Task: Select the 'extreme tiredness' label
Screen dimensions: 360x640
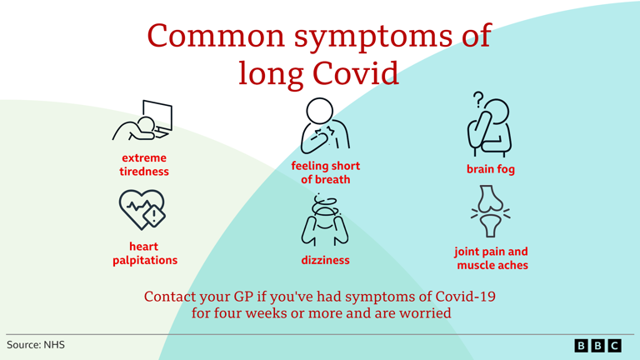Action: click(144, 165)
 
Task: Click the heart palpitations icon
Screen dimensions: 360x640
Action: click(142, 209)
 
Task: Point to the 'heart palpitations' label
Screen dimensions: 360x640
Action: click(144, 253)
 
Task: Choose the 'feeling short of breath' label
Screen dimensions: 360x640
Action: click(325, 172)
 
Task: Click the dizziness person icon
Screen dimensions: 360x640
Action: click(325, 219)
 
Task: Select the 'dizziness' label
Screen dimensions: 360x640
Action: click(325, 260)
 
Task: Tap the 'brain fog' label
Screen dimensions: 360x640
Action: click(491, 170)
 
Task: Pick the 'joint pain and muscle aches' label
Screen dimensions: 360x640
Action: click(491, 258)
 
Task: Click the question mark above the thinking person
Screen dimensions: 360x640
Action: click(478, 100)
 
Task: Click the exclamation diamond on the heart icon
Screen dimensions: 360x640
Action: click(154, 215)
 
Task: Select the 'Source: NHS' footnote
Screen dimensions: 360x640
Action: click(35, 344)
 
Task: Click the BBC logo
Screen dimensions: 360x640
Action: click(597, 345)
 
